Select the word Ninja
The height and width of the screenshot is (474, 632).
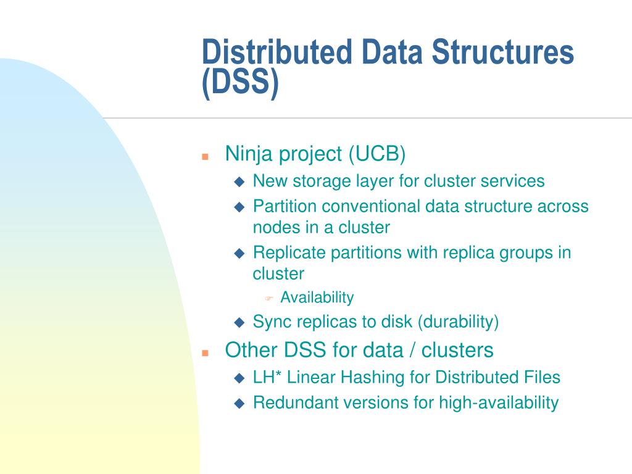click(x=249, y=154)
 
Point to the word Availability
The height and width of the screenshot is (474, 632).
click(x=317, y=297)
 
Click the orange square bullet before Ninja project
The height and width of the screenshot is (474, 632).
click(x=206, y=156)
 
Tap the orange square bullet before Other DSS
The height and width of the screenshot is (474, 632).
click(x=206, y=352)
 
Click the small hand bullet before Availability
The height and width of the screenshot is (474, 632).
click(x=269, y=299)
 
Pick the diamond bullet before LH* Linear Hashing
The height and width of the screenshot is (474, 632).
click(x=240, y=378)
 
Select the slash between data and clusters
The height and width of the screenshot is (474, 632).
click(x=411, y=351)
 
